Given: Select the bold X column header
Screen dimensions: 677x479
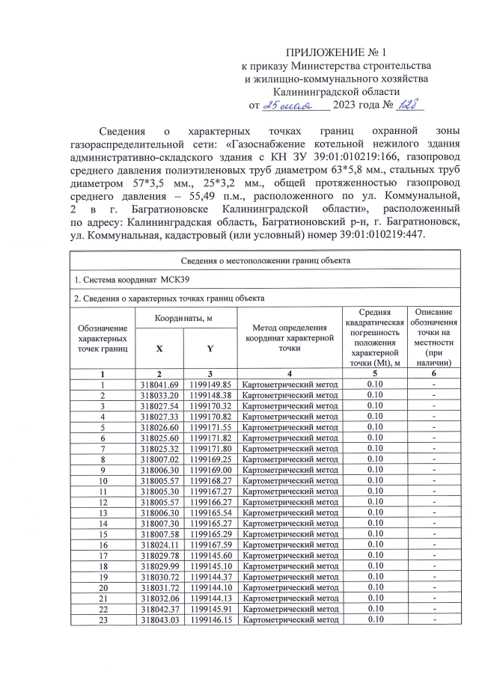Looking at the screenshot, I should point(158,349).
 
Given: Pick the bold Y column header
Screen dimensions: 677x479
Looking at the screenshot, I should point(210,349).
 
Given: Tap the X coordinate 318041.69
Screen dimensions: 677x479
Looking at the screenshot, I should point(158,385).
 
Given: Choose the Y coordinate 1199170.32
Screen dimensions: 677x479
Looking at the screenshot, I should point(211,405).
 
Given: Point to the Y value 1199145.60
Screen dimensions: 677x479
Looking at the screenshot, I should point(211,557).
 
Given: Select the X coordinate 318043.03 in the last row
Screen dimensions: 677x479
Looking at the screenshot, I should point(158,619).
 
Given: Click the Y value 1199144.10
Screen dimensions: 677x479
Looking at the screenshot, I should point(211,588).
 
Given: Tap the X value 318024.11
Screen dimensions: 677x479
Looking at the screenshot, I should point(158,546).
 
